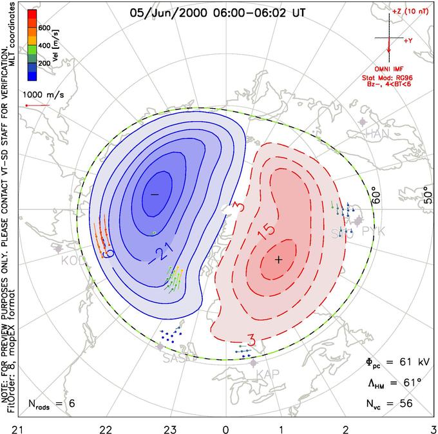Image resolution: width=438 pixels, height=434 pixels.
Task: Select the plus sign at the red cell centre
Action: pyautogui.click(x=278, y=259)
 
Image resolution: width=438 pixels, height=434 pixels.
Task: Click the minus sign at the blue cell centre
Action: pyautogui.click(x=154, y=194)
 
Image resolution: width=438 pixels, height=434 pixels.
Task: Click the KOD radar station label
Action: pyautogui.click(x=73, y=261)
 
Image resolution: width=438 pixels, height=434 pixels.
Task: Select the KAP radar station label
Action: pyautogui.click(x=267, y=374)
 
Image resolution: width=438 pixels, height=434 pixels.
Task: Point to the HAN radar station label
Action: pyautogui.click(x=378, y=133)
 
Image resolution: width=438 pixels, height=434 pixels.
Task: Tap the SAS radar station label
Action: pyautogui.click(x=176, y=357)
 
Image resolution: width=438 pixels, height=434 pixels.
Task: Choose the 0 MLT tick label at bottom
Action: pyautogui.click(x=226, y=428)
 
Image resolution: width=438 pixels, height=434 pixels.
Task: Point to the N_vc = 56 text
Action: pyautogui.click(x=390, y=404)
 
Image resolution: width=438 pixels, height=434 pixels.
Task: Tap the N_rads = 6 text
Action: pyautogui.click(x=52, y=404)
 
